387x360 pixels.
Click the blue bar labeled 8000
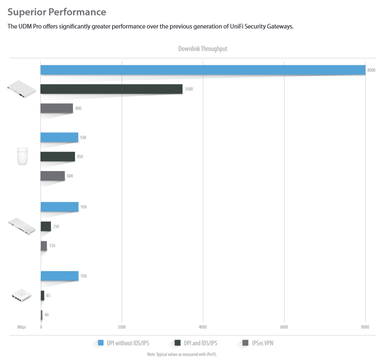(x=203, y=70)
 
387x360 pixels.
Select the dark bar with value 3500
(x=112, y=89)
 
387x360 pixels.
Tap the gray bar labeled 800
(x=57, y=108)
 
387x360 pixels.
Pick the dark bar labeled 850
(x=58, y=156)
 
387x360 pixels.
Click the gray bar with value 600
(x=52, y=176)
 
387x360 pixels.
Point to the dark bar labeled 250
(x=46, y=226)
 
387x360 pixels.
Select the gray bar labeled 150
(x=44, y=246)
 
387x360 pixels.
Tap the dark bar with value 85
(x=42, y=295)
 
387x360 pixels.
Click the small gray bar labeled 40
(x=42, y=315)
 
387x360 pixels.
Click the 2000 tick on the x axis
(x=122, y=327)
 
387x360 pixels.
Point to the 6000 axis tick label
(x=284, y=327)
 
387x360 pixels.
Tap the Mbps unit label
(x=22, y=327)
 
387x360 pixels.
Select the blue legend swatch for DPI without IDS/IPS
(x=101, y=343)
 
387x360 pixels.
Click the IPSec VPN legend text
(x=262, y=343)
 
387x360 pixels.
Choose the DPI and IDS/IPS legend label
(x=201, y=343)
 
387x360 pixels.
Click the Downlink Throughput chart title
(x=203, y=49)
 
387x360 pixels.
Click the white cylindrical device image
(x=22, y=156)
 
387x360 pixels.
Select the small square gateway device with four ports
(x=22, y=295)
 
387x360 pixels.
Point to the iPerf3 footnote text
(x=182, y=354)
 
